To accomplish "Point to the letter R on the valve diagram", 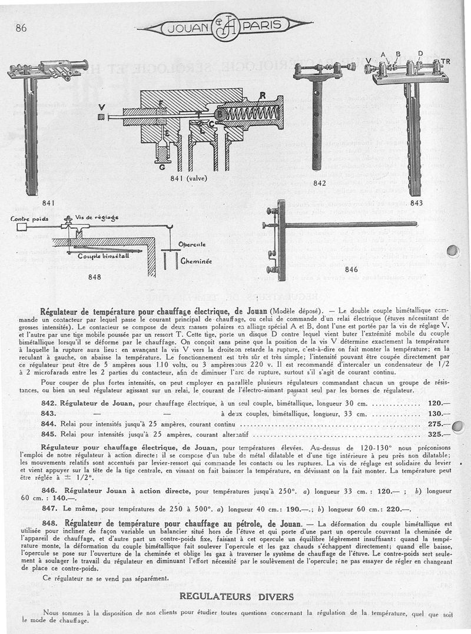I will click(263, 95).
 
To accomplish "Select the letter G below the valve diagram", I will click(161, 167).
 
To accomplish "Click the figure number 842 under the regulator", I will click(319, 183).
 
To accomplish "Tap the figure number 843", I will click(416, 203).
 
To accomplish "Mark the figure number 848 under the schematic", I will click(94, 276).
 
